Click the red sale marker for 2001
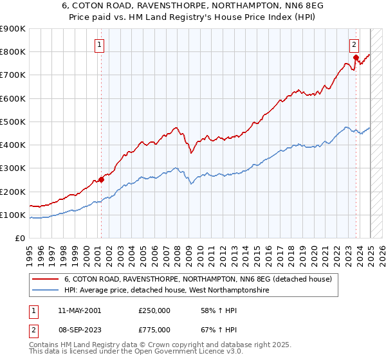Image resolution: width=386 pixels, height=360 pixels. coord(101,179)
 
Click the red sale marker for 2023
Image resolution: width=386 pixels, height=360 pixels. coord(355,58)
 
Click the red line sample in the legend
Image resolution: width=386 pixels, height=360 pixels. coord(45,280)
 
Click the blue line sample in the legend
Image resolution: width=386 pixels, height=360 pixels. coord(45,291)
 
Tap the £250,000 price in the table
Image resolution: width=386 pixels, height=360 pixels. coord(154,310)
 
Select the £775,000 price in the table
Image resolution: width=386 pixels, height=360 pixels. coord(154,329)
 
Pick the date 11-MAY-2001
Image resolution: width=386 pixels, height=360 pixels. coord(79,310)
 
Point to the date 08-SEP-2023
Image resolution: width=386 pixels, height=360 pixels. coord(79,329)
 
